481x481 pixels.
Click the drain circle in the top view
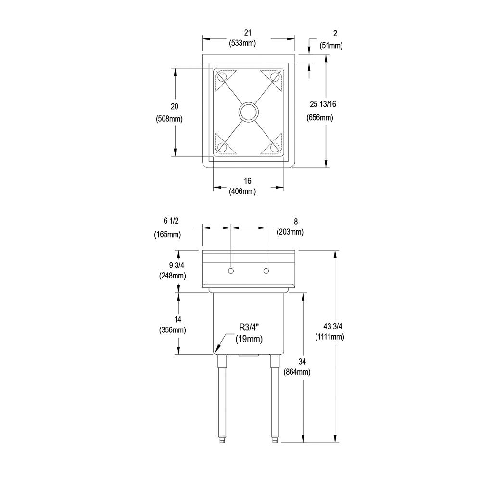[249, 112]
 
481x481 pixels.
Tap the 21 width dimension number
[248, 33]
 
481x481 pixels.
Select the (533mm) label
[242, 43]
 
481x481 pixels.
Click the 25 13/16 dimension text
[323, 104]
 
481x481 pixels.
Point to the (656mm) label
[320, 117]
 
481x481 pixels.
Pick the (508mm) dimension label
[169, 119]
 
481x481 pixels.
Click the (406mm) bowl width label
[242, 192]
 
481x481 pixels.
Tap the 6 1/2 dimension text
[171, 221]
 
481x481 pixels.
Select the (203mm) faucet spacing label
[290, 232]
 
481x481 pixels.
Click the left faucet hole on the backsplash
[231, 271]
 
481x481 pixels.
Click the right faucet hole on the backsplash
[266, 271]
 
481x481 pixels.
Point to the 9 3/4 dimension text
[177, 265]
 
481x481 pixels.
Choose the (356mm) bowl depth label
[172, 330]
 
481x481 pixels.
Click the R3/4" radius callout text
[249, 328]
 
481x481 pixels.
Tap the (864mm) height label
[297, 372]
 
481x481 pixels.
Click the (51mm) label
[331, 46]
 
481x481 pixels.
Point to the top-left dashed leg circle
[221, 76]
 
